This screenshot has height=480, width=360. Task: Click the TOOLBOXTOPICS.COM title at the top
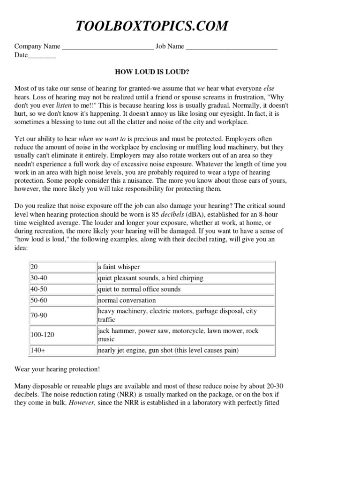[x=152, y=26]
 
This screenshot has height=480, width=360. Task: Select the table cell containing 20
[x=62, y=267]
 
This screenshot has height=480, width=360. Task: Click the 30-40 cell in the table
[x=62, y=278]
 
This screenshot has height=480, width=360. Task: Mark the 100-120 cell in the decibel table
[x=62, y=335]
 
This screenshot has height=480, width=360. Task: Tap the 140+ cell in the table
[x=62, y=350]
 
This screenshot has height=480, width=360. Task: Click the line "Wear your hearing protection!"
[x=57, y=369]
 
